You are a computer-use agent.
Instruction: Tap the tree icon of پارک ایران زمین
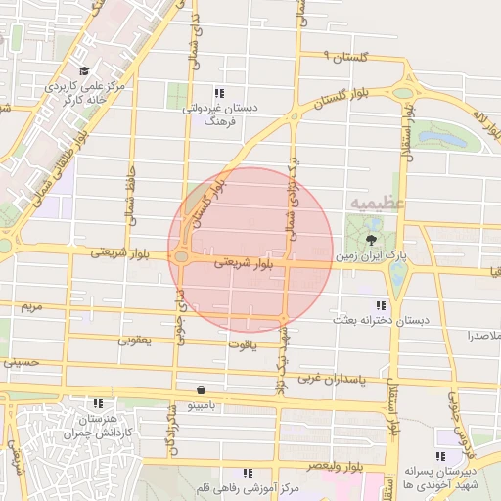(x=371, y=239)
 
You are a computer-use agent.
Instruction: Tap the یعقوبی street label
(x=136, y=340)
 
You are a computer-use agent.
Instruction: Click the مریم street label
(x=32, y=307)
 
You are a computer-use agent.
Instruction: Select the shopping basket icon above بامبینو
(x=201, y=387)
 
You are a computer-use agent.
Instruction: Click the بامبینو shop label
(x=202, y=402)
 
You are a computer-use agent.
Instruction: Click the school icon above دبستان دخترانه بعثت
(x=381, y=305)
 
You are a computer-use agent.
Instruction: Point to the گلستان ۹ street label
(x=338, y=58)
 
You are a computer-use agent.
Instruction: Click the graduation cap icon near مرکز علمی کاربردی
(x=85, y=71)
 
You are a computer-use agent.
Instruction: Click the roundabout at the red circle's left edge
(x=182, y=257)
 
